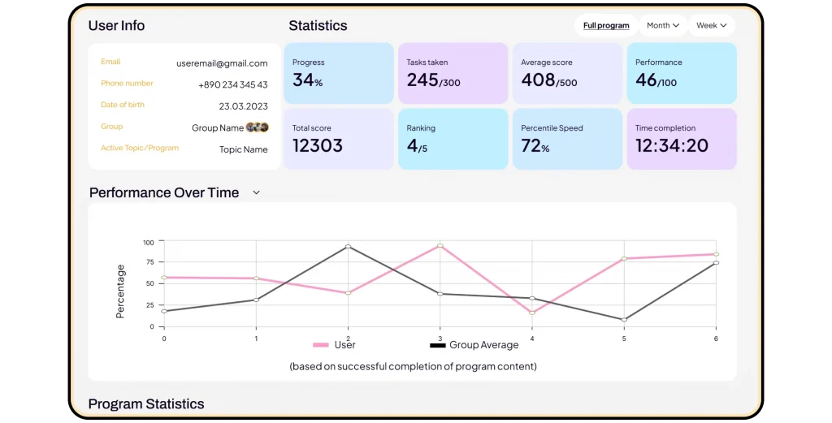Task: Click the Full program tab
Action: click(x=606, y=25)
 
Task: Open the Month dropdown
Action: click(x=662, y=25)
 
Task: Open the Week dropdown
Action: click(x=711, y=25)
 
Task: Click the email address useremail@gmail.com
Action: click(x=222, y=63)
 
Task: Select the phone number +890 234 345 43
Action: click(x=233, y=84)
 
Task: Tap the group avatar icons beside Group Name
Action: click(x=258, y=127)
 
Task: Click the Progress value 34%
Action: click(x=307, y=80)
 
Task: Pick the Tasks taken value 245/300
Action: click(x=433, y=80)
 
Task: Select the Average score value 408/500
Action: click(x=548, y=80)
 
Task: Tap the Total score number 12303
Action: click(x=317, y=145)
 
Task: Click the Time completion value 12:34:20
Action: click(x=671, y=145)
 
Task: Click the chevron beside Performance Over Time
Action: click(x=256, y=192)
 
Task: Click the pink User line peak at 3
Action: click(x=440, y=245)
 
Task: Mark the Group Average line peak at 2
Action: click(x=348, y=246)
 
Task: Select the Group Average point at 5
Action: click(x=624, y=320)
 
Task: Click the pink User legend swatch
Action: click(x=321, y=345)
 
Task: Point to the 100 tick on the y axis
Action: click(x=148, y=242)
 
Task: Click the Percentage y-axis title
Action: click(x=120, y=291)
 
